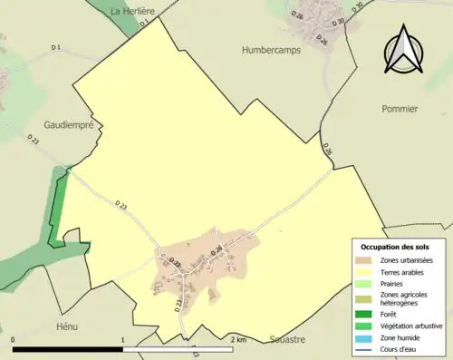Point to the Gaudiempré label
69,126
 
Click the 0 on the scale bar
14,340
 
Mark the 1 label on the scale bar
123,340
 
